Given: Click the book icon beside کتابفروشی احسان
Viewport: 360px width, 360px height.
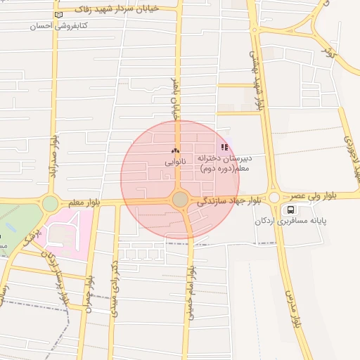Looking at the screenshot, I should [58, 14].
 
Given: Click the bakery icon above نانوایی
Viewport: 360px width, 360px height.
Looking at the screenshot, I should [175, 150].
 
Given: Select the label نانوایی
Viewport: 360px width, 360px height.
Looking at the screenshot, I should [175, 162].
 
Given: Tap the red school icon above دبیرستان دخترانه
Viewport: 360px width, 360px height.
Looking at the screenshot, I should [224, 147].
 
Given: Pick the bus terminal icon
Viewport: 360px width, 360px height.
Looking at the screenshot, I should [291, 210].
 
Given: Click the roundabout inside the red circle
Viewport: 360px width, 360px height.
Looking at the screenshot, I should [181, 200].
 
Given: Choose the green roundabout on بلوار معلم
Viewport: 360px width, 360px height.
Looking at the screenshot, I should [50, 204].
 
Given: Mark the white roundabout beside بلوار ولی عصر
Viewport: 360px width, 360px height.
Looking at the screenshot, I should [274, 198].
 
